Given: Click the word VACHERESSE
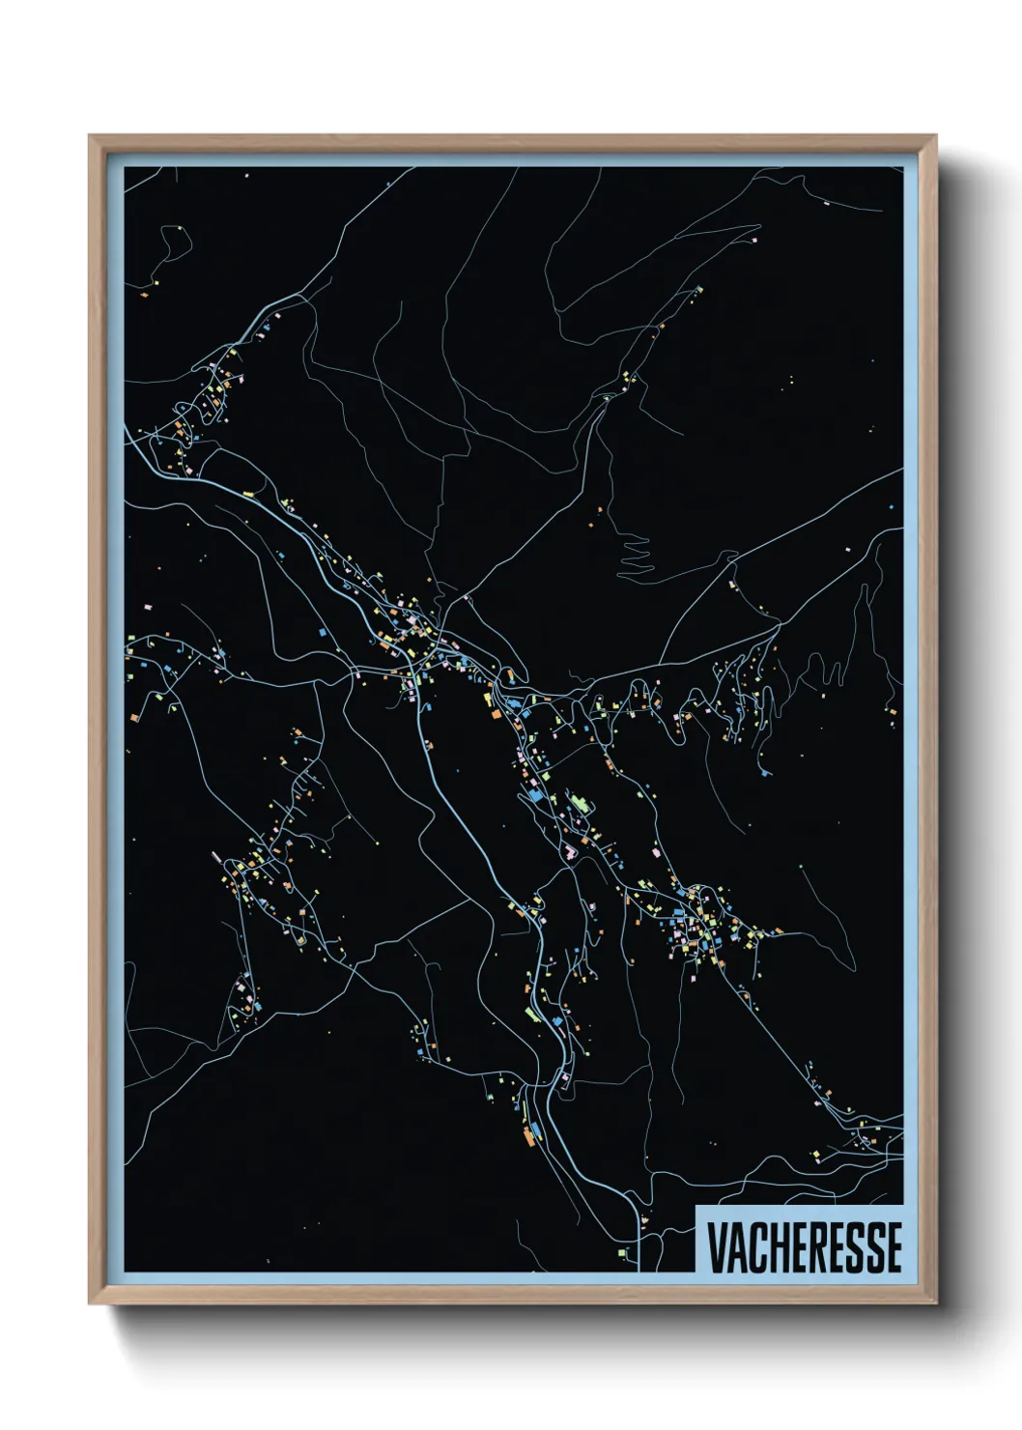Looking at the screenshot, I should tap(804, 1247).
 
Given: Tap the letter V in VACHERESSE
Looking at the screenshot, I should tap(717, 1247).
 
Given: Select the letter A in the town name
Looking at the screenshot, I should tap(738, 1247).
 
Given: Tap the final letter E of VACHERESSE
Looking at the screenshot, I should tap(894, 1247).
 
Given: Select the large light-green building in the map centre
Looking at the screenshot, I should tap(580, 803).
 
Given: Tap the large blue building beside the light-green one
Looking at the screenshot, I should tap(533, 796).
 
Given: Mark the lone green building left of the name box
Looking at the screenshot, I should tap(623, 1251).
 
